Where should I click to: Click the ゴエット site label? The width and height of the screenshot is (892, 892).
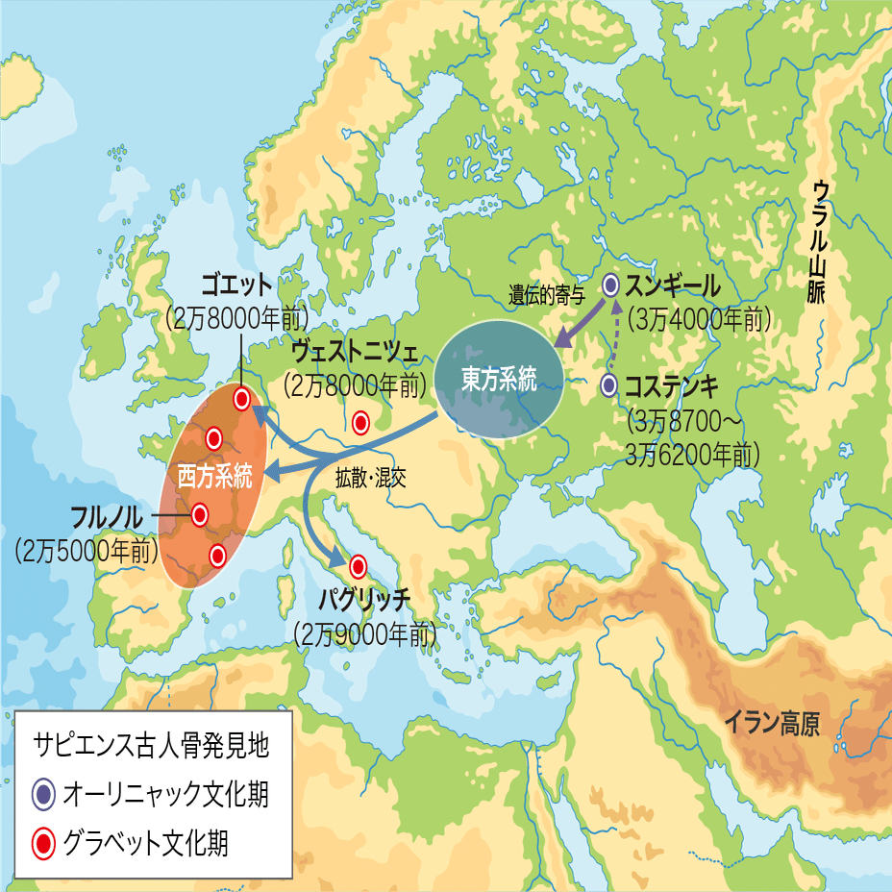[x=236, y=285]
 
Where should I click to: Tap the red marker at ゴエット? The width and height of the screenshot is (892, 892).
[x=242, y=398]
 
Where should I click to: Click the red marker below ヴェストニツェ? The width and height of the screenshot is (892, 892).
[x=361, y=421]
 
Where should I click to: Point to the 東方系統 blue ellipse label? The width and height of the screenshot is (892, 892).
[x=498, y=379]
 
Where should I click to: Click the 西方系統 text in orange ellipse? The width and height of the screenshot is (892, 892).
[x=214, y=476]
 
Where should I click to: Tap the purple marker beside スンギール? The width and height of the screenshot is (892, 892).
[x=610, y=285]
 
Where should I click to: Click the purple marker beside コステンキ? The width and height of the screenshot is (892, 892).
[x=608, y=385]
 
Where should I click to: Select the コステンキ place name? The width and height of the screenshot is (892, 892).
[x=671, y=386]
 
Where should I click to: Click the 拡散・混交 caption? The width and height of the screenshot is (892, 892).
[x=370, y=478]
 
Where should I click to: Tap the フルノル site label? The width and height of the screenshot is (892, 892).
[x=106, y=516]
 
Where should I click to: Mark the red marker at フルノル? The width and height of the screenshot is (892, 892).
[x=200, y=515]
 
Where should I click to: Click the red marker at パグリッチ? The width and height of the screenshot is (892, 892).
[x=359, y=566]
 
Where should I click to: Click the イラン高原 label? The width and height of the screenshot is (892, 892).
[x=772, y=723]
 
